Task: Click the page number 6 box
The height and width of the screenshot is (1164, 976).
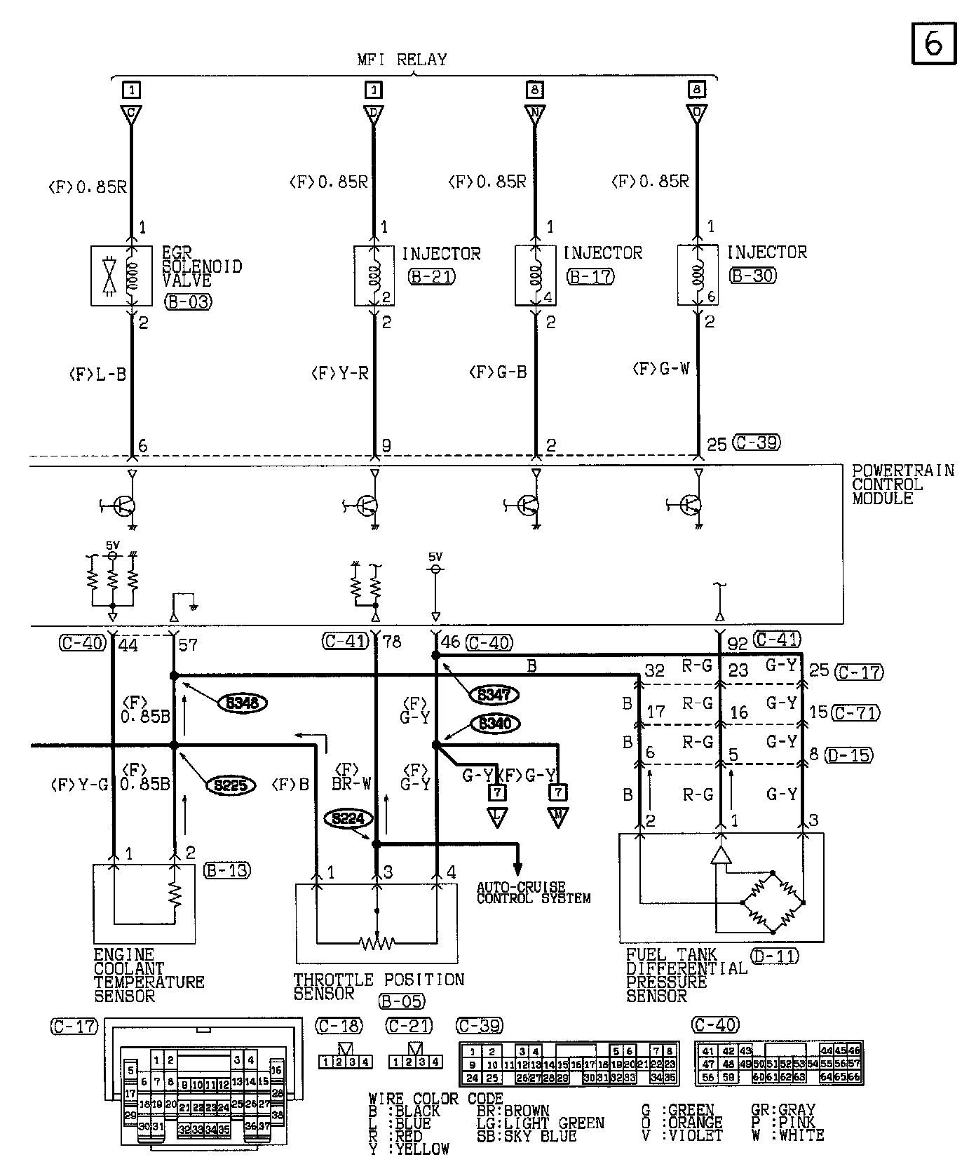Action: coord(933,43)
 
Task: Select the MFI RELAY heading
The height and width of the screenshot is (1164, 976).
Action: coord(402,60)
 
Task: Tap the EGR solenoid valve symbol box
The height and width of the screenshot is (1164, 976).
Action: coord(121,275)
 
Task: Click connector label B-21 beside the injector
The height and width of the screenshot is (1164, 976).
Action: coord(432,277)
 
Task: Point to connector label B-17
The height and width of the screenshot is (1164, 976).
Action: coord(590,277)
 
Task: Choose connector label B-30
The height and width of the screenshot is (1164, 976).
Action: coord(753,276)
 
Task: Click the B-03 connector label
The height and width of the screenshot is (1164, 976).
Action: coord(188,302)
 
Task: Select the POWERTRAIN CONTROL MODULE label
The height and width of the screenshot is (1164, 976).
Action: coord(902,484)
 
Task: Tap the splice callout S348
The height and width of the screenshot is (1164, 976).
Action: coord(243,703)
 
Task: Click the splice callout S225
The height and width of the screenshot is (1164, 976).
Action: coord(230,785)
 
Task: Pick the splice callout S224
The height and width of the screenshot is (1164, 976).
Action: coord(347,818)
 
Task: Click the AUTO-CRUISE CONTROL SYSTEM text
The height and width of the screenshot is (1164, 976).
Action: coord(533,893)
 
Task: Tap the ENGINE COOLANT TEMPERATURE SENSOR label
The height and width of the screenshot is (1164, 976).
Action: coord(149,975)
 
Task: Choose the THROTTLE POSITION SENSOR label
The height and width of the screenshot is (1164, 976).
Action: coord(378,985)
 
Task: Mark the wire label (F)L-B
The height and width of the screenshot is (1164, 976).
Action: coord(97,374)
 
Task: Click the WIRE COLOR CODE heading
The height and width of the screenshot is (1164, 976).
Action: coord(435,1099)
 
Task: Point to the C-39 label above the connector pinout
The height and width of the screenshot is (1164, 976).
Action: coord(480,1026)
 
